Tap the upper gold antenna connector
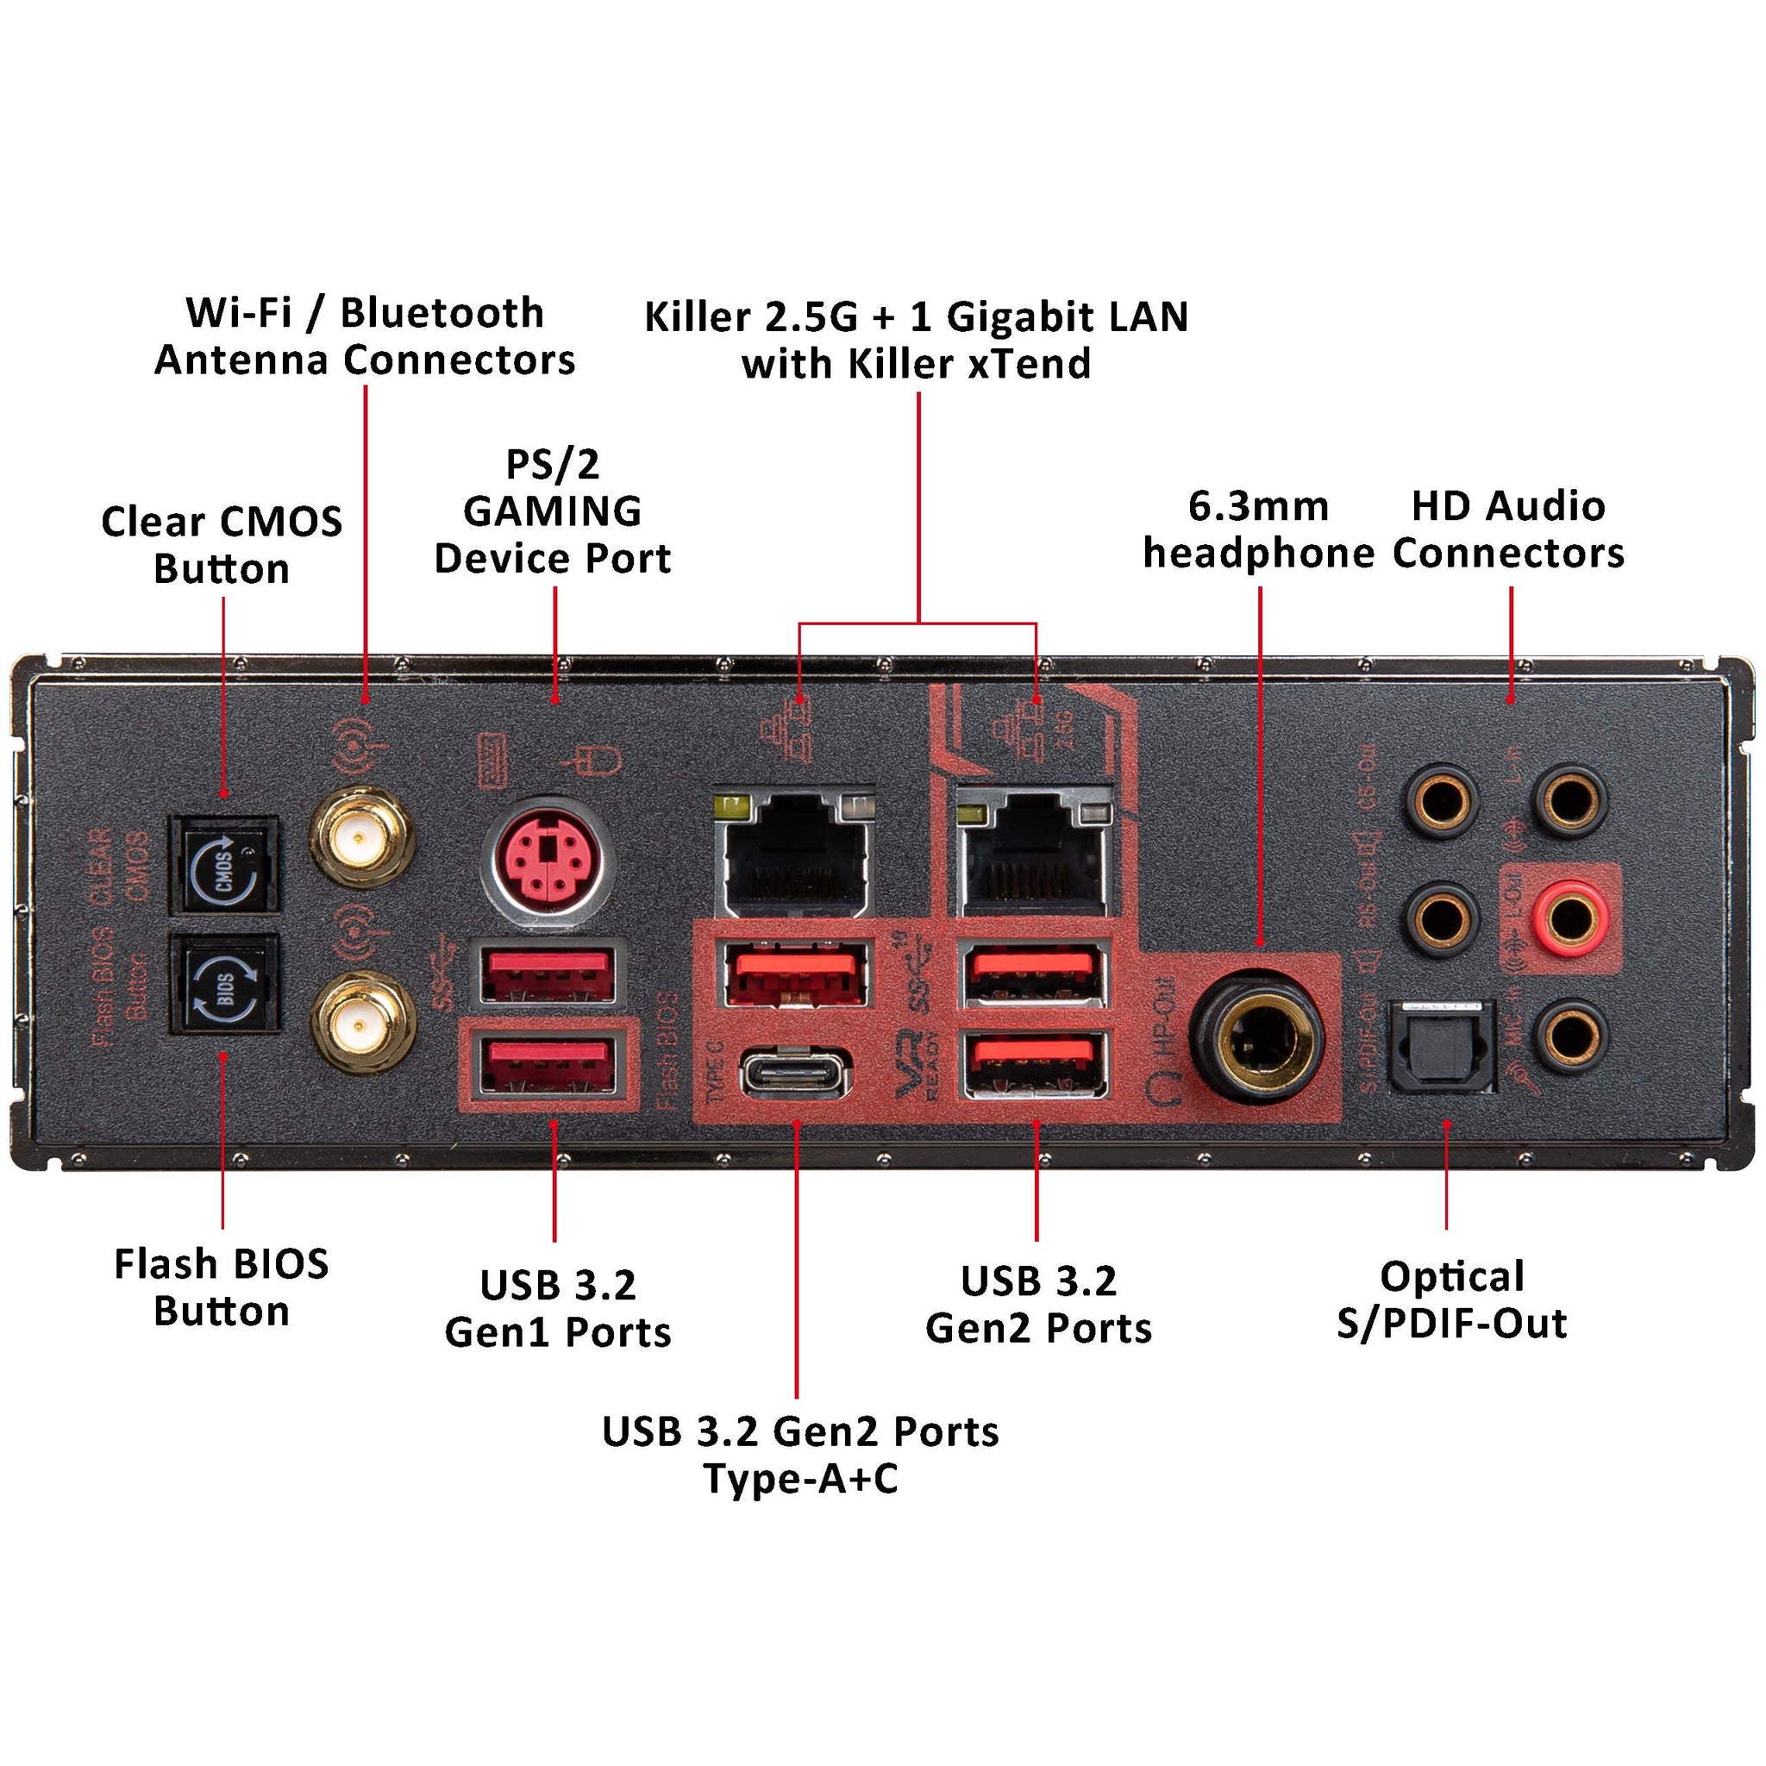362,838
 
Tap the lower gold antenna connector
362,1021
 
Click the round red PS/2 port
547,863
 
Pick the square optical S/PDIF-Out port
1442,1046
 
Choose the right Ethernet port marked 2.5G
1036,855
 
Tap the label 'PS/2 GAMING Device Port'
552,511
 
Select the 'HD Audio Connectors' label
1508,529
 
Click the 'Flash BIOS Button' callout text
222,1287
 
